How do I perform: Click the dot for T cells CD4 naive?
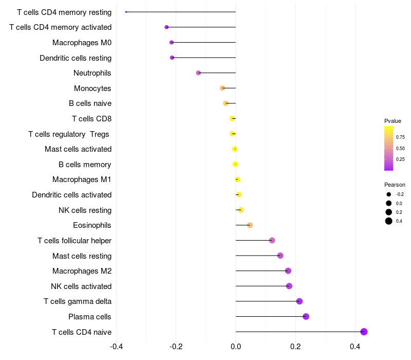pos(364,332)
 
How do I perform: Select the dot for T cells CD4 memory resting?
pos(126,12)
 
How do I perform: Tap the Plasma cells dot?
pos(306,316)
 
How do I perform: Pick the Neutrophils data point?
pos(198,73)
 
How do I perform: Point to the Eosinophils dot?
pos(250,225)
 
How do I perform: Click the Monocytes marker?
pos(222,88)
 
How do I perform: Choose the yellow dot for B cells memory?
pos(235,164)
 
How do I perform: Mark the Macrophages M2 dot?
pos(288,271)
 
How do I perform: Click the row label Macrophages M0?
pos(82,43)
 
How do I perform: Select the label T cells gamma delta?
pos(78,301)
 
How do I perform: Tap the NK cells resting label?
pos(85,210)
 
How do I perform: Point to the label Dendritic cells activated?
pos(72,195)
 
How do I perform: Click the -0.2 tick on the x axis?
pos(176,347)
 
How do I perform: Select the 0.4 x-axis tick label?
pos(355,347)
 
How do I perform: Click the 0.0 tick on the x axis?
pos(236,347)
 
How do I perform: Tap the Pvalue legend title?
pos(393,121)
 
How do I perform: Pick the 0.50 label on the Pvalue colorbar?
pos(400,148)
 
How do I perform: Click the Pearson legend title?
pos(395,185)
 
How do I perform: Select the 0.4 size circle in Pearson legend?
pos(389,221)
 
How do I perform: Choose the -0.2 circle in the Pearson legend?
pos(389,194)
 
